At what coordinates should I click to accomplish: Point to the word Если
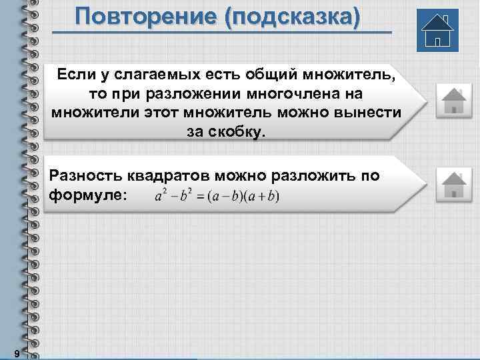tap(74, 74)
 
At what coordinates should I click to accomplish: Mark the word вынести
tap(372, 111)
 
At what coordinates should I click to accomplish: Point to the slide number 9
tap(15, 352)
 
